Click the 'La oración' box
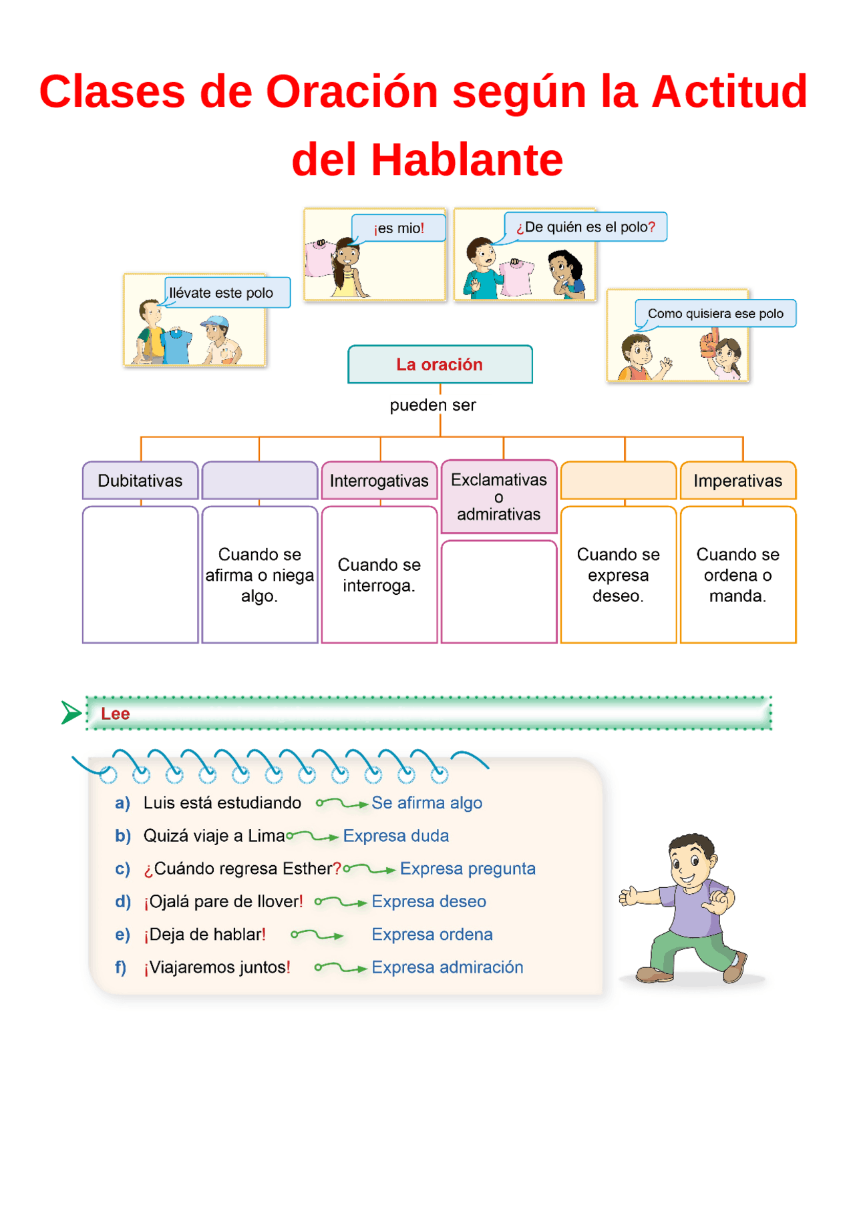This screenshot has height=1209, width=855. (x=440, y=365)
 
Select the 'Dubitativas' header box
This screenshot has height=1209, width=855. (x=140, y=481)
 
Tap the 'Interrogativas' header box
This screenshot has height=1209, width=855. (x=379, y=481)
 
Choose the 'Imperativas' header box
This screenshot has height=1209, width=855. (x=737, y=481)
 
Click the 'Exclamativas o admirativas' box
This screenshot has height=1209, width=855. (x=498, y=497)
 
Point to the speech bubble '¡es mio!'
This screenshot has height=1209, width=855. (x=399, y=228)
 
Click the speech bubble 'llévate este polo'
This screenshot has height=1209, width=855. (x=226, y=293)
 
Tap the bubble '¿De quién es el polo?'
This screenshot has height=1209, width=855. (x=585, y=227)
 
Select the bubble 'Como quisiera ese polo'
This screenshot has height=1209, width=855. (x=715, y=314)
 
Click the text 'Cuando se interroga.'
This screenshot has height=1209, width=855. (x=379, y=575)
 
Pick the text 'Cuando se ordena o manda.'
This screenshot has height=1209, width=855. (x=737, y=575)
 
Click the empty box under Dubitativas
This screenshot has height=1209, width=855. (x=140, y=575)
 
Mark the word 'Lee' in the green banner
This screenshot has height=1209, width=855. (x=116, y=714)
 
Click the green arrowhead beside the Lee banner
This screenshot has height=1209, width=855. (x=69, y=713)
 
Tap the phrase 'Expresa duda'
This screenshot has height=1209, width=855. (x=395, y=836)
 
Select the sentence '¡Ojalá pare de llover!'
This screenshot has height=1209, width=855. (x=223, y=902)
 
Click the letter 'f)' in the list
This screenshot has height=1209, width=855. (x=121, y=967)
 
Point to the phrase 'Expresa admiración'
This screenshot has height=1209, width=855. (x=447, y=967)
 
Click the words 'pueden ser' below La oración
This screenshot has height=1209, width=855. (x=433, y=405)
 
